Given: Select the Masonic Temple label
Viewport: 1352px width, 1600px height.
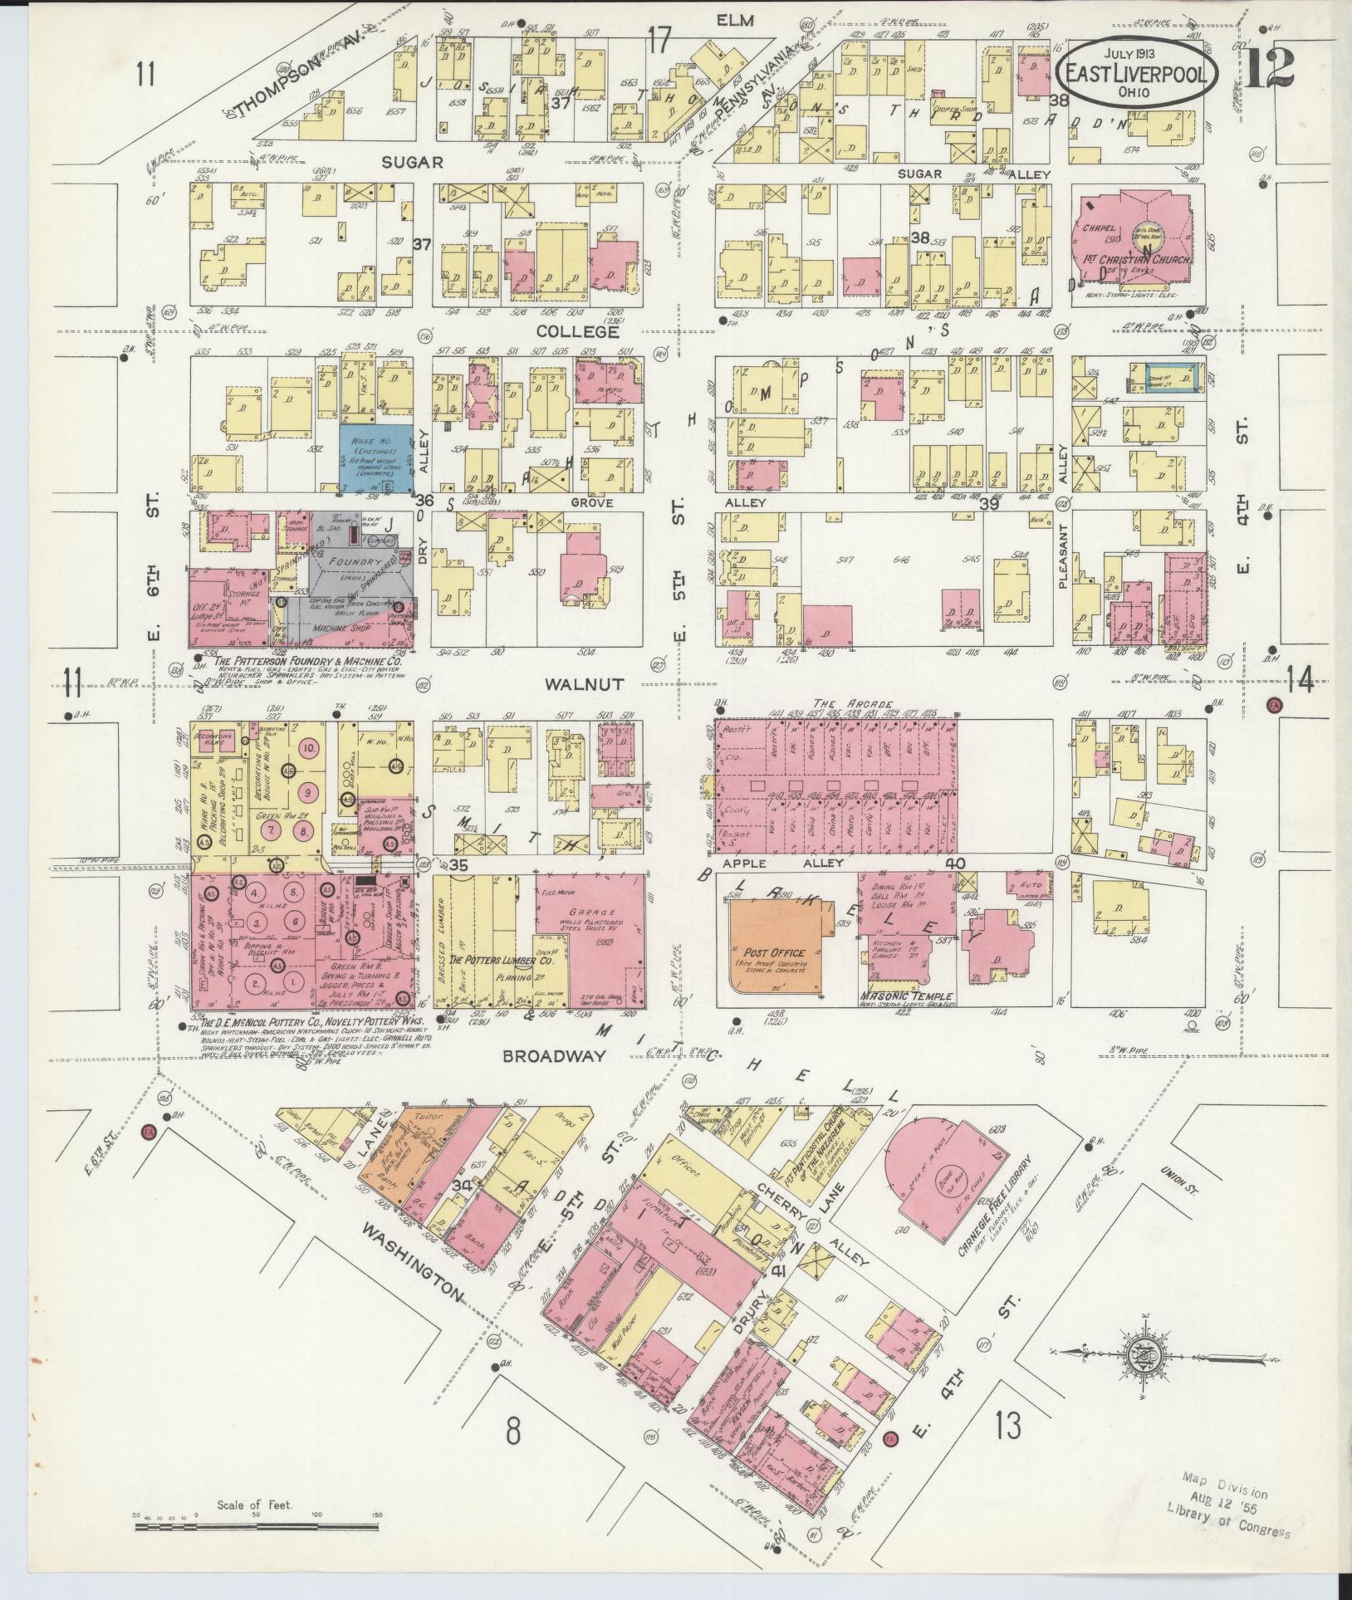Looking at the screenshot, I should pyautogui.click(x=907, y=997).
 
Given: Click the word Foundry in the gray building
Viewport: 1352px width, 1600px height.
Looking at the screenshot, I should pyautogui.click(x=350, y=560).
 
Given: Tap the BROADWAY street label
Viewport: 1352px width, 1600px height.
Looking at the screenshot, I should pyautogui.click(x=543, y=1055).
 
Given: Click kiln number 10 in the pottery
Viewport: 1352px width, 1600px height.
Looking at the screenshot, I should pyautogui.click(x=308, y=747).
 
